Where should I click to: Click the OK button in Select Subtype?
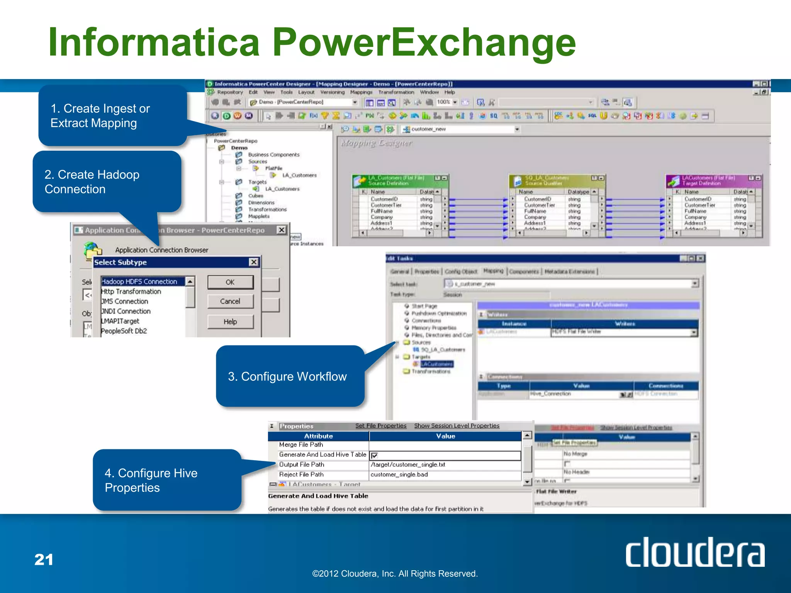click(230, 282)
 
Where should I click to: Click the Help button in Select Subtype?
click(230, 322)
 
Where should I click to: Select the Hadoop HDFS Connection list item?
click(139, 281)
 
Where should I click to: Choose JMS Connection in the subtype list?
click(125, 301)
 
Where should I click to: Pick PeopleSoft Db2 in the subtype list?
click(124, 331)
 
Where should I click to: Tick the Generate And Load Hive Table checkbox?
click(374, 456)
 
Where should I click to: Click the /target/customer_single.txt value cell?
click(408, 465)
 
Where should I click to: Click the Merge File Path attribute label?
click(301, 445)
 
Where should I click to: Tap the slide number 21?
click(44, 559)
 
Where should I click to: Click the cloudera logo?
click(695, 552)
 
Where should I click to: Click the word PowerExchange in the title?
click(424, 42)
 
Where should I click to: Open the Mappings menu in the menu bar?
click(361, 92)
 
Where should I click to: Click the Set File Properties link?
click(381, 425)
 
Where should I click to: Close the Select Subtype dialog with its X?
click(254, 262)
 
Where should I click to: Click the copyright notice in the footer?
click(395, 574)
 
